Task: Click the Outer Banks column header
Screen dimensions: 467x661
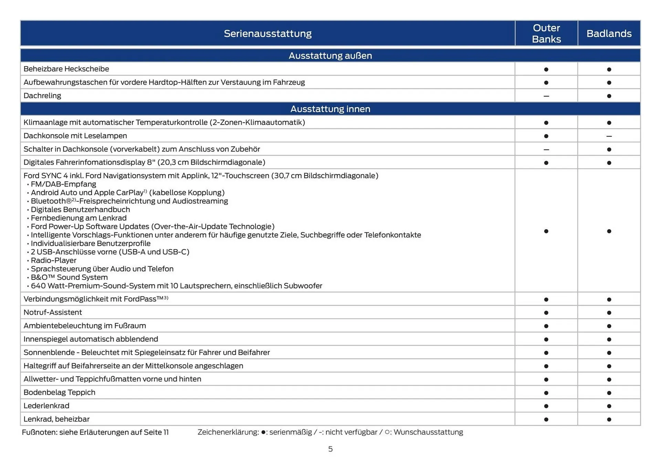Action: pyautogui.click(x=546, y=33)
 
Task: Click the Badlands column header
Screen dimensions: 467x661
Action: pyautogui.click(x=609, y=33)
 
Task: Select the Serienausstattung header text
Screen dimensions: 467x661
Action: pyautogui.click(x=267, y=33)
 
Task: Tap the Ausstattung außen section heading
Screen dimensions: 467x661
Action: pyautogui.click(x=330, y=55)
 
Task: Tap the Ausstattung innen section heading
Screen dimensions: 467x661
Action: pyautogui.click(x=330, y=109)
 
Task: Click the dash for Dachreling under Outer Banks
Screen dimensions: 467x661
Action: pyautogui.click(x=546, y=96)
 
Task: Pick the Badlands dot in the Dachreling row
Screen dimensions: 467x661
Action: pyautogui.click(x=609, y=96)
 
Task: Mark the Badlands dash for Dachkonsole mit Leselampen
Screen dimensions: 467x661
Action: pyautogui.click(x=609, y=136)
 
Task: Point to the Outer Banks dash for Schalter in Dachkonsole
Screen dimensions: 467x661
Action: pyautogui.click(x=546, y=150)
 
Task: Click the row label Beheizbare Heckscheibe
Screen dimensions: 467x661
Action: pyautogui.click(x=66, y=69)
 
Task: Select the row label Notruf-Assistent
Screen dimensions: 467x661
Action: pyautogui.click(x=53, y=312)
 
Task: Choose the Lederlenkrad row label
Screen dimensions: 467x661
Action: pyautogui.click(x=46, y=406)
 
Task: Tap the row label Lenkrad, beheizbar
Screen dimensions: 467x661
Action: pyautogui.click(x=56, y=419)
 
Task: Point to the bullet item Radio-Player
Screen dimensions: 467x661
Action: pyautogui.click(x=54, y=260)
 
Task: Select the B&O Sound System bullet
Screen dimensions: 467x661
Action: pyautogui.click(x=69, y=277)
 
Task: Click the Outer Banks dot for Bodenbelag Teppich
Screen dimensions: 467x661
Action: pyautogui.click(x=546, y=393)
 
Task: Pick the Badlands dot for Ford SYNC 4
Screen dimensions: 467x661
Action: pyautogui.click(x=609, y=231)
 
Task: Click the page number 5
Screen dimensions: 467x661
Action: pyautogui.click(x=330, y=449)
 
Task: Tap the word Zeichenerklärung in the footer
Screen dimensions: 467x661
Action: pyautogui.click(x=228, y=432)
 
